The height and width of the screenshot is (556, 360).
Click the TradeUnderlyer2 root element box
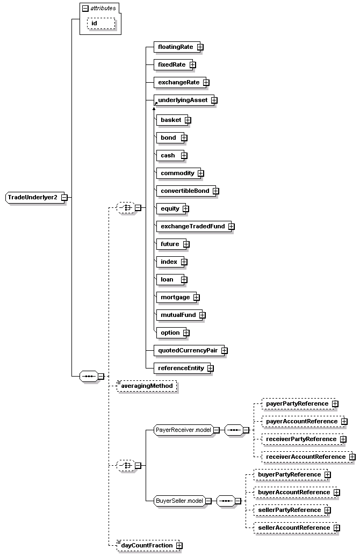(x=33, y=197)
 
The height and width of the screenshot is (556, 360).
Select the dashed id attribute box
(x=101, y=23)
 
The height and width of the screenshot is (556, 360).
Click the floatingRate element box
(x=175, y=47)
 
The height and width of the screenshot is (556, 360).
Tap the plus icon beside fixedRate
(x=192, y=65)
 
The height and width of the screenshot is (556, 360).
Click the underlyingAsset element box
(x=182, y=100)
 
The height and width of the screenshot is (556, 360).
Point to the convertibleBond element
(x=185, y=191)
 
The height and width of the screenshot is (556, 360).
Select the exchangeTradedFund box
(x=192, y=226)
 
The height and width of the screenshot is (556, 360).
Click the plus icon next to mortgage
(x=196, y=297)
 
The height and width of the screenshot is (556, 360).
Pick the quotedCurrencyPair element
(x=186, y=350)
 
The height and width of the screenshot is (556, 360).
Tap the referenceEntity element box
(x=179, y=368)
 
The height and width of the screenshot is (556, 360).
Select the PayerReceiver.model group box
(x=183, y=430)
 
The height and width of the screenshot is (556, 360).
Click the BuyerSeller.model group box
(x=179, y=501)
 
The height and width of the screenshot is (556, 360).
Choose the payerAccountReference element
(x=301, y=422)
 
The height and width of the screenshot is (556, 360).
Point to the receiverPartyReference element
(x=301, y=439)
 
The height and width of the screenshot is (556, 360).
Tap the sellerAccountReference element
(x=293, y=528)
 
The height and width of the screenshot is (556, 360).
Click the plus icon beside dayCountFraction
(x=179, y=546)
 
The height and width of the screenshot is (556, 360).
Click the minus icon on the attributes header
(x=85, y=9)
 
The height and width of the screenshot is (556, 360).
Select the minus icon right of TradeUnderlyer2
(x=64, y=197)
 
